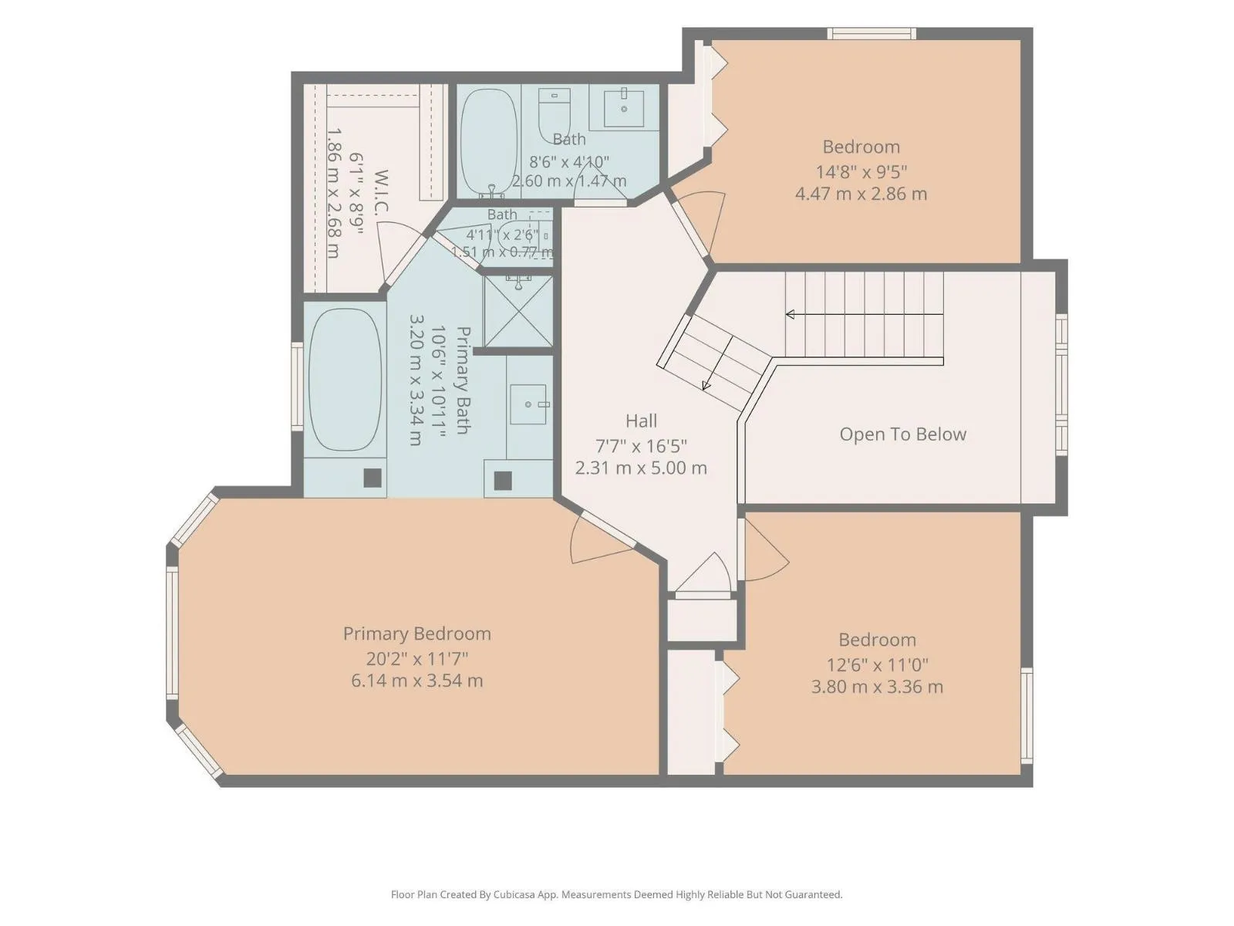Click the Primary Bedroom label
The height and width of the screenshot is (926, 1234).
[416, 634]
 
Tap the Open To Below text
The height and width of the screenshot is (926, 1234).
[902, 434]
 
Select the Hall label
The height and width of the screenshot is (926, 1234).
[641, 421]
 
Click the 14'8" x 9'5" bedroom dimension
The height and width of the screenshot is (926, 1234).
[861, 171]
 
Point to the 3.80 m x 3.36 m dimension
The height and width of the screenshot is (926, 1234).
[876, 687]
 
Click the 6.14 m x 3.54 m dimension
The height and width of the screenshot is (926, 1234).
[416, 681]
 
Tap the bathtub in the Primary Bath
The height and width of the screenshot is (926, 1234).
[345, 380]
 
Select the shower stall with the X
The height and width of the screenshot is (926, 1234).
[518, 311]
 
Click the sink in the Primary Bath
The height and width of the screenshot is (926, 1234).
[528, 404]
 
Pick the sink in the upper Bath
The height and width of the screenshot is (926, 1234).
[623, 106]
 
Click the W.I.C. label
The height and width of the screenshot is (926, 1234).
[380, 191]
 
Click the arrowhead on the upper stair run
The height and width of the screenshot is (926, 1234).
[790, 314]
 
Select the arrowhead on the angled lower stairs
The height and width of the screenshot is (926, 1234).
[706, 385]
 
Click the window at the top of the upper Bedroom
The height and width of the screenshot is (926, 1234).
[872, 34]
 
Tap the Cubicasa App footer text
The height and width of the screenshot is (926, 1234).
[616, 894]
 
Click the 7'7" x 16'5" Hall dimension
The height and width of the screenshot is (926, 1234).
[641, 446]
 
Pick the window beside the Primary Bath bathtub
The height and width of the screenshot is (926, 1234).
[297, 387]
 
